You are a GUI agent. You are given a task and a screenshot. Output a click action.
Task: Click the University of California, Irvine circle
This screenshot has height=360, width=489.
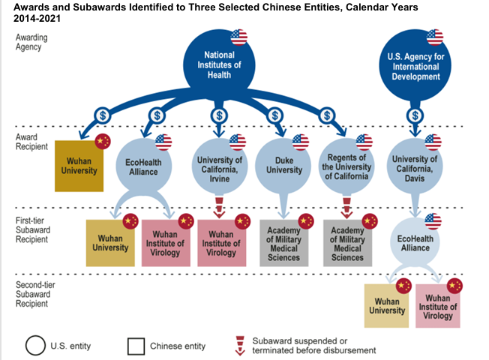[x=220, y=166]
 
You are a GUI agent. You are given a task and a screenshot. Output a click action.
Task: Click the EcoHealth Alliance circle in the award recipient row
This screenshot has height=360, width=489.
[x=143, y=166]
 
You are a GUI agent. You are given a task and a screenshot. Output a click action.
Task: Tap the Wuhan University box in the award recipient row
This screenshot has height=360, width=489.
[x=78, y=166]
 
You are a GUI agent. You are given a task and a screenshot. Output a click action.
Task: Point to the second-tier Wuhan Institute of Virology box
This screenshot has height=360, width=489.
[x=438, y=306]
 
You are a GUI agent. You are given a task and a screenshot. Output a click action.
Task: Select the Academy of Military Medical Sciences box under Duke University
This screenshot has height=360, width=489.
[x=283, y=243]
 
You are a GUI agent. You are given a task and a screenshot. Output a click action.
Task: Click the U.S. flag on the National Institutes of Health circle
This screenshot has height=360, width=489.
[x=239, y=37]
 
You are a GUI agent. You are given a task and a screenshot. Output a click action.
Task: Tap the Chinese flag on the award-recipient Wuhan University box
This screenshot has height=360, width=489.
[x=103, y=141]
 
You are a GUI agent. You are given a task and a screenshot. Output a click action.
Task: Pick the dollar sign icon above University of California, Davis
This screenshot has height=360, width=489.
[x=414, y=115]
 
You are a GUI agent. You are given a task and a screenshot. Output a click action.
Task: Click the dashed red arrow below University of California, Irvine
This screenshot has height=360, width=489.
[x=220, y=206]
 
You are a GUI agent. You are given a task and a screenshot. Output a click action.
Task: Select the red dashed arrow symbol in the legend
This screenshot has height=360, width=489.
[x=240, y=344]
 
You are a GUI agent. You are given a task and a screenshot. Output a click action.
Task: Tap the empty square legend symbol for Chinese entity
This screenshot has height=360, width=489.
[x=136, y=346]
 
